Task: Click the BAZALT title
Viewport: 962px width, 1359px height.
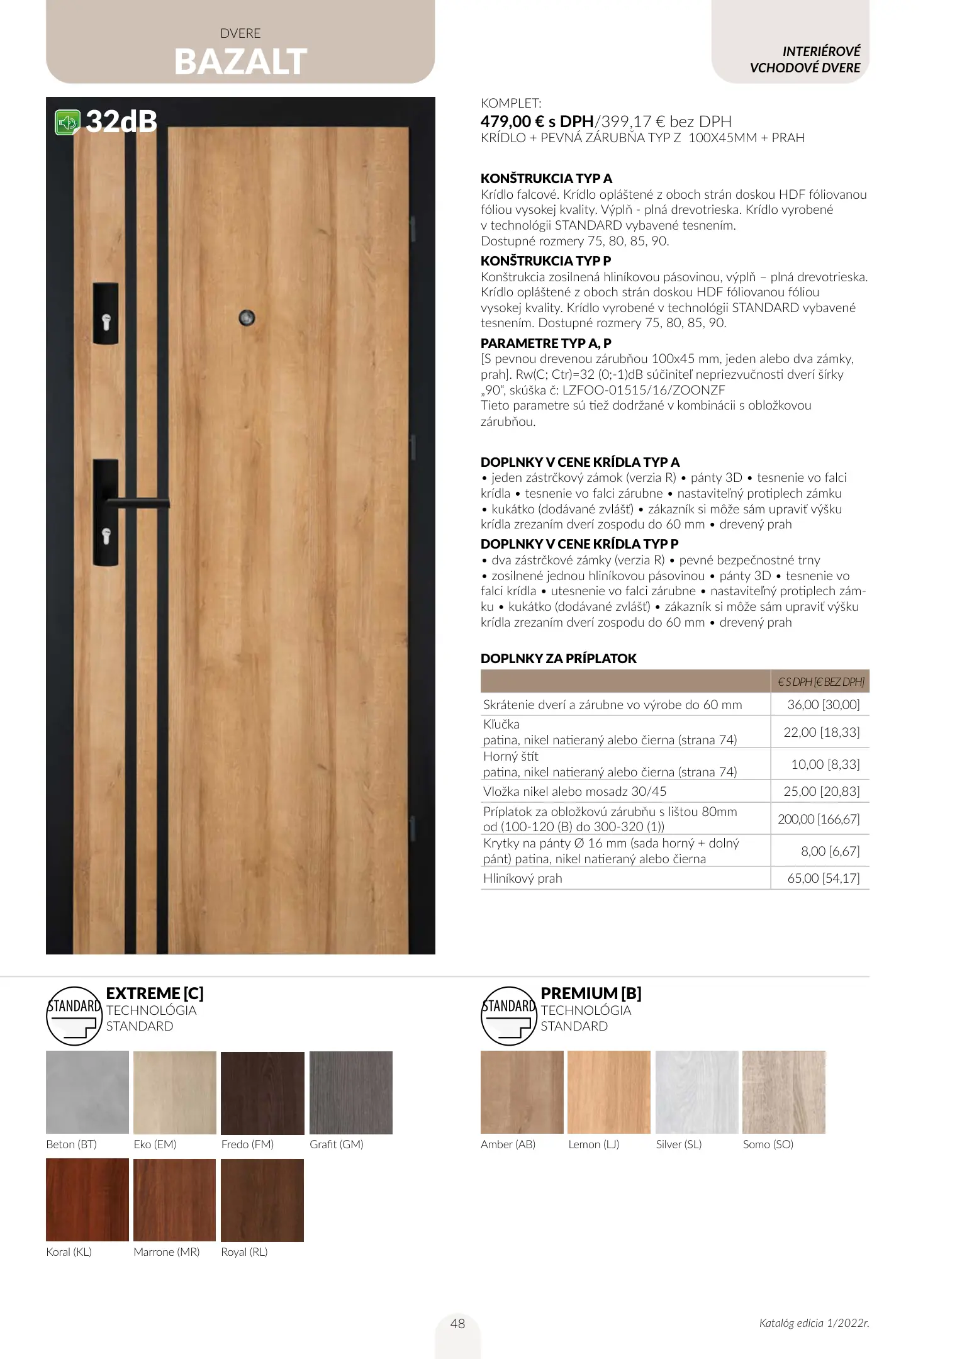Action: pos(240,62)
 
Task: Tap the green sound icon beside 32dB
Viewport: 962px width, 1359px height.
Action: pos(67,122)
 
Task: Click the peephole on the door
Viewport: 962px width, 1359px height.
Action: pos(247,318)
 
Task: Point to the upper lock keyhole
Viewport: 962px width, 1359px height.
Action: pos(106,322)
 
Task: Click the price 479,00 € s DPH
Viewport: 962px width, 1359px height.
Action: pos(537,121)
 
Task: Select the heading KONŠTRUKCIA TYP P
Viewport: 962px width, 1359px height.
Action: pos(545,260)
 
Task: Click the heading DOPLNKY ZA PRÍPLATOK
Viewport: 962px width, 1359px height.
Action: pos(558,658)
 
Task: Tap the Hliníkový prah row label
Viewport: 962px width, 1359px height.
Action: pos(522,878)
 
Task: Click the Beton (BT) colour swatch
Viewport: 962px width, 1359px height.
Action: pos(87,1092)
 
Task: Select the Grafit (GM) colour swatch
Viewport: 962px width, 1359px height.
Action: pos(350,1092)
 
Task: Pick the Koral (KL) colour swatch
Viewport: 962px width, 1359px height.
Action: pos(87,1200)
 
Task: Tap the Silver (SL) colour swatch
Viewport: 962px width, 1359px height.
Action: pos(696,1092)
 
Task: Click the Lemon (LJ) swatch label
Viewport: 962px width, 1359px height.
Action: pos(593,1144)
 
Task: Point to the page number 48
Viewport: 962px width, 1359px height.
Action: pos(457,1324)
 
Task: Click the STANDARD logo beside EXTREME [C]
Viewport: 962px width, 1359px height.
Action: pos(74,1015)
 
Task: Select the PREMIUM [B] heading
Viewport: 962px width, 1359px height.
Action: pos(591,993)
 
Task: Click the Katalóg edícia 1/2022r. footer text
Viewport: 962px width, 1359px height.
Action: pos(814,1323)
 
